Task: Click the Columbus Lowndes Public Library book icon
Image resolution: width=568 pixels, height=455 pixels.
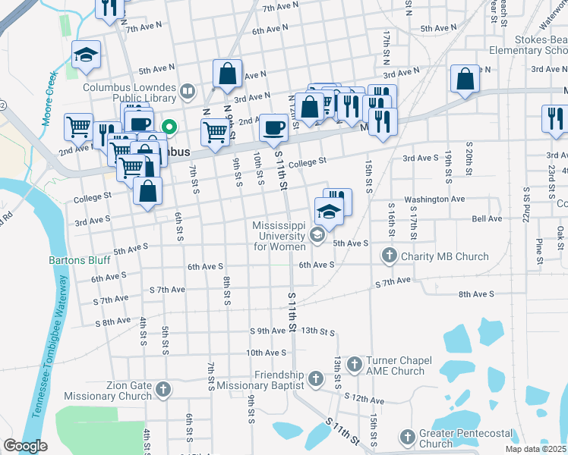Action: (188, 93)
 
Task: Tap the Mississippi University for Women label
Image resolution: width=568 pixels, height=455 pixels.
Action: (279, 237)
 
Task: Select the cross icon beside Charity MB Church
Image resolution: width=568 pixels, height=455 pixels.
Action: (390, 256)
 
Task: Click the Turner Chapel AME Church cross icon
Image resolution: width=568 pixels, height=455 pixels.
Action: (354, 366)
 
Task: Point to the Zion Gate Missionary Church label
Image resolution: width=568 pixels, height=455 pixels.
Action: (108, 391)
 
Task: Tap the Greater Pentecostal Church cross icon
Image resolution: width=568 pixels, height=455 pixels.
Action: (408, 438)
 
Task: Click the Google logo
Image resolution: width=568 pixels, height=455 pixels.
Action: (25, 445)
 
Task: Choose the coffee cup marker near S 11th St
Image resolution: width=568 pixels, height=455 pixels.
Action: (273, 127)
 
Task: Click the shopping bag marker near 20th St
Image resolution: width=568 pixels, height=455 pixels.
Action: (465, 78)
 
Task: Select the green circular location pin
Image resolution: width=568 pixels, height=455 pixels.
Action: (169, 127)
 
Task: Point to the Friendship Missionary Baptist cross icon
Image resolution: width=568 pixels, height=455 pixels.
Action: (317, 377)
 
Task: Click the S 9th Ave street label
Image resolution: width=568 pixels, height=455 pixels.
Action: (268, 331)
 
